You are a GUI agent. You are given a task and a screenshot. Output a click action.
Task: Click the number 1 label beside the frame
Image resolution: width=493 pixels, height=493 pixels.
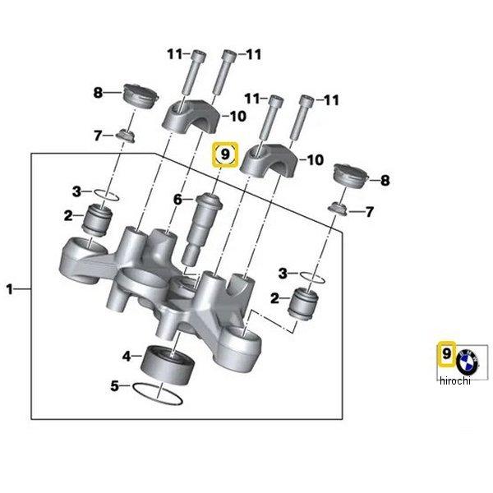pyautogui.click(x=9, y=288)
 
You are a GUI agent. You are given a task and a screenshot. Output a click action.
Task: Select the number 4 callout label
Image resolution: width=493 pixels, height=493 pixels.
pyautogui.click(x=126, y=356)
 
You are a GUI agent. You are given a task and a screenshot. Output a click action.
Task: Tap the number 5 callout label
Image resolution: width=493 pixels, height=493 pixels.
pyautogui.click(x=114, y=384)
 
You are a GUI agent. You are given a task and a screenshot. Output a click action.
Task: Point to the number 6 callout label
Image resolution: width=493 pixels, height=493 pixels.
pyautogui.click(x=177, y=199)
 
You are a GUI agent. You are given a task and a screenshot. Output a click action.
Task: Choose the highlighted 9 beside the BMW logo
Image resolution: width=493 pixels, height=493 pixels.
pyautogui.click(x=446, y=353)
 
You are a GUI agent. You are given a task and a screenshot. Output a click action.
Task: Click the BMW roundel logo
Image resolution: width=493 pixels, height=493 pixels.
pyautogui.click(x=470, y=357)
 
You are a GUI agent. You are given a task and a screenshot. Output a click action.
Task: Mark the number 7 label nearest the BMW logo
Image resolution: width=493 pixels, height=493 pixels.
pyautogui.click(x=370, y=212)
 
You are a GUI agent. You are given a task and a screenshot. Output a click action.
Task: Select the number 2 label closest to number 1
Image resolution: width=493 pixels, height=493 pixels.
pyautogui.click(x=68, y=216)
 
